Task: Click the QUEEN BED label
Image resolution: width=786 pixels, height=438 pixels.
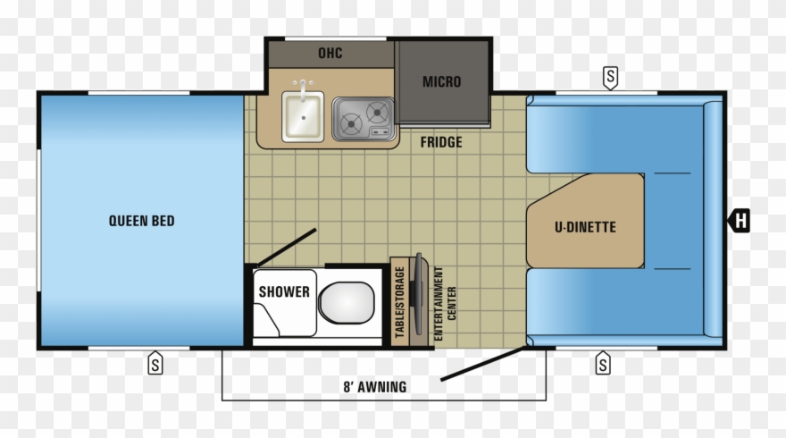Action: pyautogui.click(x=141, y=221)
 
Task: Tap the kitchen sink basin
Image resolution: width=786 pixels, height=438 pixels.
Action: pyautogui.click(x=303, y=116)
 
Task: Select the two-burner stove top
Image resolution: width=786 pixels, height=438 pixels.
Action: pyautogui.click(x=364, y=120)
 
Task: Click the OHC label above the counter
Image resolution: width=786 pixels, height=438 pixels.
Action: pyautogui.click(x=330, y=53)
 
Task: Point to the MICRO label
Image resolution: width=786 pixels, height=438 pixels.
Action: pyautogui.click(x=441, y=81)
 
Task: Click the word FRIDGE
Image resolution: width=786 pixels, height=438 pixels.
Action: pyautogui.click(x=441, y=142)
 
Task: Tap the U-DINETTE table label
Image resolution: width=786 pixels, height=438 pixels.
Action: pyautogui.click(x=585, y=227)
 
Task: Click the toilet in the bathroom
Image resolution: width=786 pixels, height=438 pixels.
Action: pyautogui.click(x=347, y=302)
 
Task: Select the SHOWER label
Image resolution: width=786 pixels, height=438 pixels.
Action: pyautogui.click(x=284, y=291)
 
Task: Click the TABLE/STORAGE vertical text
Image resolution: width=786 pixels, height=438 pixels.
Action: pyautogui.click(x=399, y=302)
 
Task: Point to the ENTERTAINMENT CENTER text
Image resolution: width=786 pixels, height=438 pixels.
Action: pyautogui.click(x=445, y=304)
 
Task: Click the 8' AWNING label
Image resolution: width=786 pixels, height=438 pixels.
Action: pyautogui.click(x=375, y=387)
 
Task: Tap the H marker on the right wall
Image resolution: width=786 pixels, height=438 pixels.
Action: pyautogui.click(x=740, y=221)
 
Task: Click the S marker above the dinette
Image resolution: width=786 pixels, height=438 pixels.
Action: pyautogui.click(x=610, y=78)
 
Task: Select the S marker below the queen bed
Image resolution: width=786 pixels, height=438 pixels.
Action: pyautogui.click(x=155, y=363)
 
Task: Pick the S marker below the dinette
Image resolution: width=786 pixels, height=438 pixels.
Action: pyautogui.click(x=603, y=363)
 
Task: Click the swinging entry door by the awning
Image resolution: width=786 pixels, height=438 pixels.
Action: pyautogui.click(x=482, y=363)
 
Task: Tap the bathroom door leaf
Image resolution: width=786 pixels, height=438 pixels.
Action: pyautogui.click(x=287, y=248)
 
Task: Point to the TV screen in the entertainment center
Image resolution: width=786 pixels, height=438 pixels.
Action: pyautogui.click(x=418, y=293)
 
